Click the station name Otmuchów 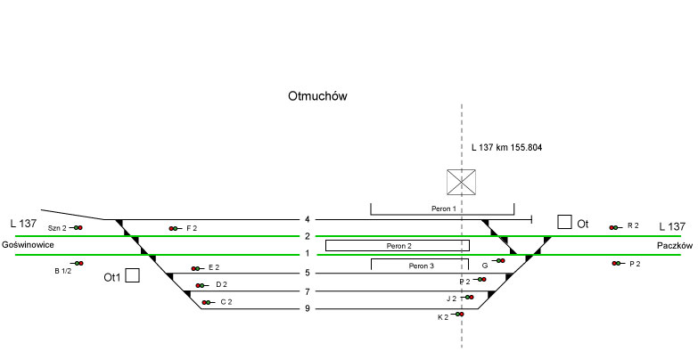[316, 96]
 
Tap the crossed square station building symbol [462, 182]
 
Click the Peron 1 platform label [442, 209]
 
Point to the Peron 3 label [422, 266]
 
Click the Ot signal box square [564, 222]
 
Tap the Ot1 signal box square [133, 275]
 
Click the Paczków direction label [673, 245]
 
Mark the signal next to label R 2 [613, 227]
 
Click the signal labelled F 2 [173, 229]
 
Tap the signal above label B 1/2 [78, 263]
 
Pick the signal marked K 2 [459, 315]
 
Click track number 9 [307, 309]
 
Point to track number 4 [307, 219]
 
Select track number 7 [307, 291]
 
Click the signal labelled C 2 [206, 303]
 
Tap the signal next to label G [500, 261]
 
